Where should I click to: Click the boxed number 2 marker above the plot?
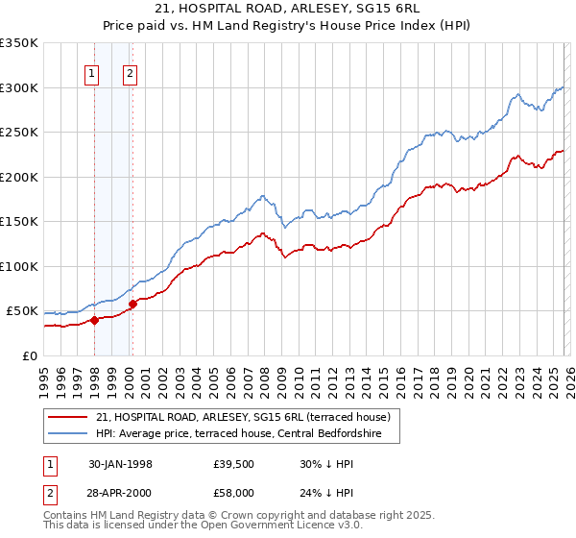pyautogui.click(x=131, y=74)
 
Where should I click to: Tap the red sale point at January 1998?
pyautogui.click(x=94, y=321)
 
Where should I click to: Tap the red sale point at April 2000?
pyautogui.click(x=132, y=305)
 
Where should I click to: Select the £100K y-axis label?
pyautogui.click(x=19, y=266)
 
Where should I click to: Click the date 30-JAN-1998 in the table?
pyautogui.click(x=119, y=464)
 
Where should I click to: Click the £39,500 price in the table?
pyautogui.click(x=234, y=464)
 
